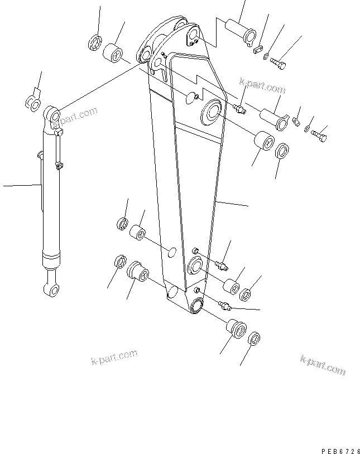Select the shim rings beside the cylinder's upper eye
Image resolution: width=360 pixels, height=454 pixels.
33,102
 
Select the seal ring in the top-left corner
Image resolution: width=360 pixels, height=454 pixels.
94,42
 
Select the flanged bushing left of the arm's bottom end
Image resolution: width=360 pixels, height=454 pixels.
138,272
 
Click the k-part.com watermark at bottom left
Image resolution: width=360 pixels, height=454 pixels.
114,358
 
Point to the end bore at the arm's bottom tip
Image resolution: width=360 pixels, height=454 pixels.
197,304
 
